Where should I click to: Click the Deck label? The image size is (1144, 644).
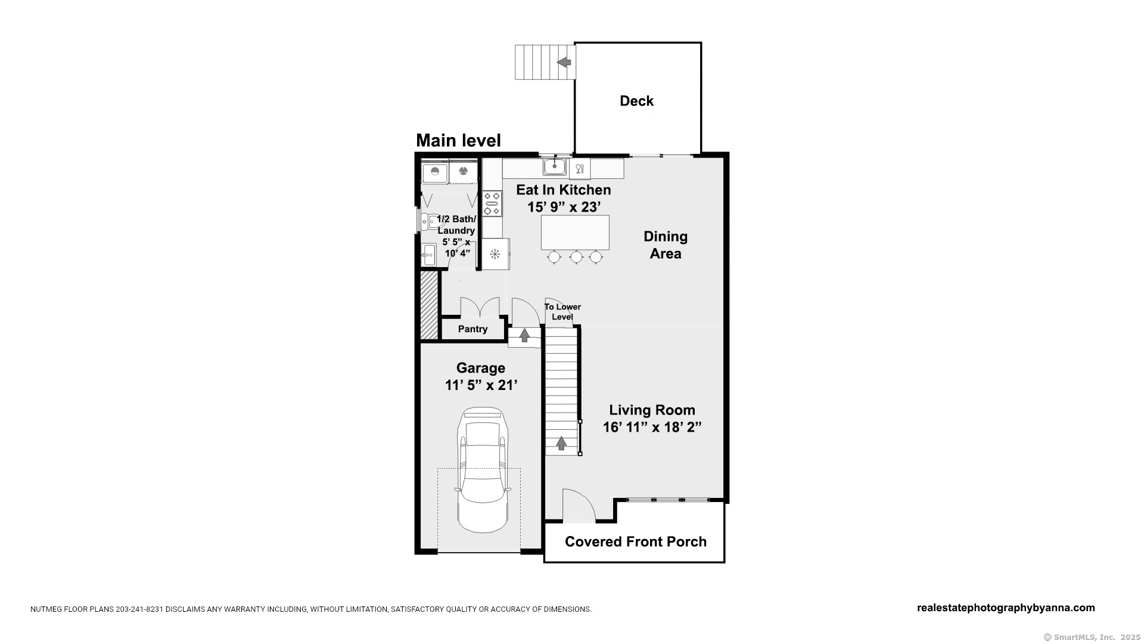coord(636,101)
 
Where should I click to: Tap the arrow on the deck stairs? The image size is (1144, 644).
coord(564,62)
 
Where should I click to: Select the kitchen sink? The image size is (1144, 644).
coord(554,166)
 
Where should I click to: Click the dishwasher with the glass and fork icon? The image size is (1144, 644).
coord(580,168)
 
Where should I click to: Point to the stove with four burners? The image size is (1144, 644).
coord(492,203)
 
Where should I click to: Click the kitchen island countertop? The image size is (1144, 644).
coord(575,233)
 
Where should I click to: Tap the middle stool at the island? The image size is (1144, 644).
coord(576,257)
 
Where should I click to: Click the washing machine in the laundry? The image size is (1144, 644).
coord(435,172)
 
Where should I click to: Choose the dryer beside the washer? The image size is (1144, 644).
coord(463,172)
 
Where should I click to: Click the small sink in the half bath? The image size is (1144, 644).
coord(428,255)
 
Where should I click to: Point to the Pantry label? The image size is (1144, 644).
coord(473,329)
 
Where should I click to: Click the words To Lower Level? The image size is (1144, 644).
coord(562,312)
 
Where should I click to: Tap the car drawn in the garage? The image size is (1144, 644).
coord(483,470)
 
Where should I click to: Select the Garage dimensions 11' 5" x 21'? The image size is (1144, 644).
coord(481,385)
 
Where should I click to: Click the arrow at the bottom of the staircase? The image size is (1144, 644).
coord(561,443)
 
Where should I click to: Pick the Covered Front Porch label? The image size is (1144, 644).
coord(636,541)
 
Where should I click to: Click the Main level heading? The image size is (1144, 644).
coord(458,140)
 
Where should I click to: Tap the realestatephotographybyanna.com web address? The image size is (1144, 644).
coord(1006,608)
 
